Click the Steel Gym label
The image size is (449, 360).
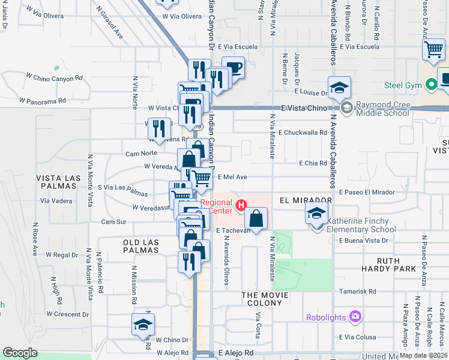(x=405, y=86)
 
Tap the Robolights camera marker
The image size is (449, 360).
(x=356, y=316)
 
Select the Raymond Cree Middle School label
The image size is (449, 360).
(x=390, y=109)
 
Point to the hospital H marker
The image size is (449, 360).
(x=241, y=206)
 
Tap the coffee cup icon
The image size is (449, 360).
(x=233, y=68)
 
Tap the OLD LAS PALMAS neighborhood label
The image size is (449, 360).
(x=141, y=246)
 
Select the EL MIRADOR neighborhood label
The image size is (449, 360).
(x=306, y=199)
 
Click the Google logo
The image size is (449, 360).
(x=20, y=353)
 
